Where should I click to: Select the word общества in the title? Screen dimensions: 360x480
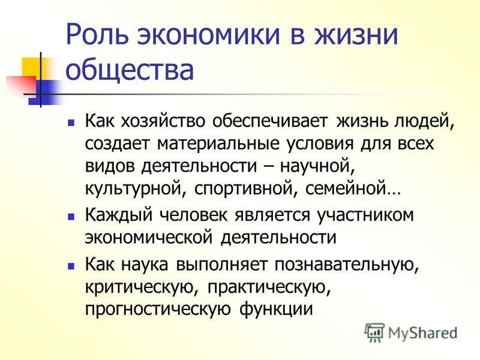tap(130, 71)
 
